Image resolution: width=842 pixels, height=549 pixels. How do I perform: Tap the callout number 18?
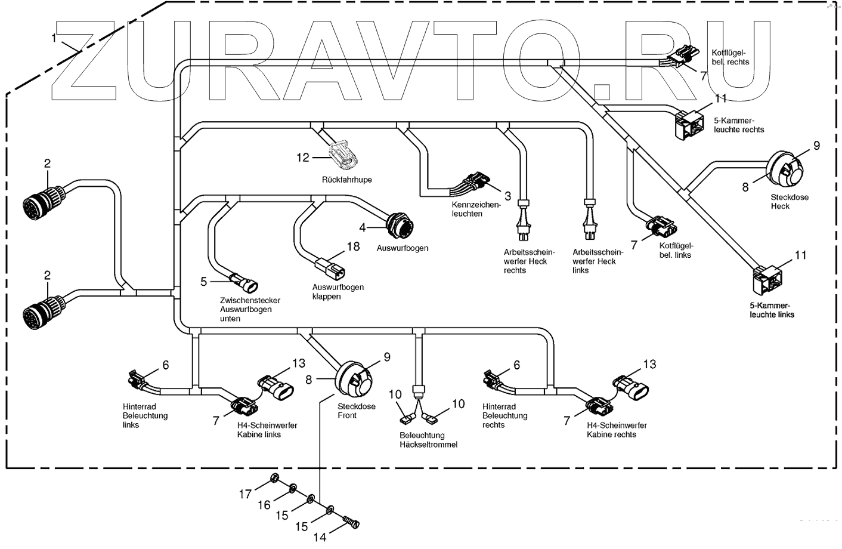pos(354,246)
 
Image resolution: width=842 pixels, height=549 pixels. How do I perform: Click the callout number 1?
pos(55,38)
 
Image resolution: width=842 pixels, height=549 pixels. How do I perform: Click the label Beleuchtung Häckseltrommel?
pos(428,440)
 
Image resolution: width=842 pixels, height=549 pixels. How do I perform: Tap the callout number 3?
pos(507,195)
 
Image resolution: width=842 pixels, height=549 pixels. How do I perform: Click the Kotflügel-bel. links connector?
pos(662,227)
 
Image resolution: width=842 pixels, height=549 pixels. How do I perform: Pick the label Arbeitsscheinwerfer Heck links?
pos(593,261)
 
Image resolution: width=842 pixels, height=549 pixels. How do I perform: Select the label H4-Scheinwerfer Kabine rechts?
pos(617,430)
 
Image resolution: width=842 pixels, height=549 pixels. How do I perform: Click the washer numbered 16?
pos(293,490)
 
